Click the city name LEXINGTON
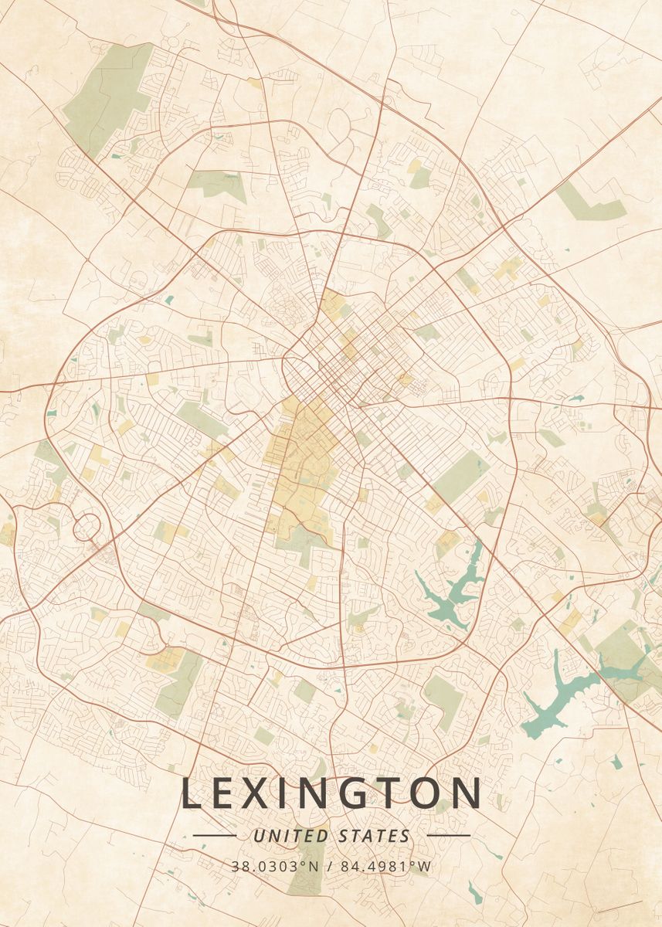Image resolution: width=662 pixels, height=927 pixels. pyautogui.click(x=331, y=794)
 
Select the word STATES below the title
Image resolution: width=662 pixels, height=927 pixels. pyautogui.click(x=375, y=836)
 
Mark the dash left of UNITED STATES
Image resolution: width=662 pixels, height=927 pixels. pyautogui.click(x=215, y=835)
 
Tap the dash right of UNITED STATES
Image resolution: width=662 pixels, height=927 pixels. pyautogui.click(x=448, y=835)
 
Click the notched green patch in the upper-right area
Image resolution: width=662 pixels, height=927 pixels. pyautogui.click(x=591, y=202)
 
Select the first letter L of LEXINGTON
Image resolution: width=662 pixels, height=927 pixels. pyautogui.click(x=192, y=794)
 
